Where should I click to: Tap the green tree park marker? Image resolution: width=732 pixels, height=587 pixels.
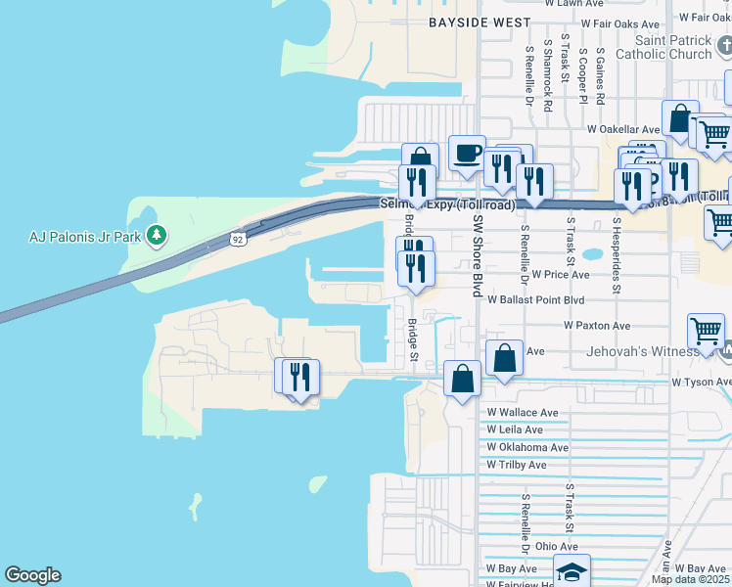(x=155, y=235)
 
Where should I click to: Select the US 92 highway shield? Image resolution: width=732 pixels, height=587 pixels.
(x=238, y=238)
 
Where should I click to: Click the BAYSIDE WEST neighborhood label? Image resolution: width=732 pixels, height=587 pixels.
(x=480, y=23)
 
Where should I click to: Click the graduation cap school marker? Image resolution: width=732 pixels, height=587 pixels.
(x=572, y=570)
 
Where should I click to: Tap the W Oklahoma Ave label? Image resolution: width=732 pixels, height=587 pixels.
(x=527, y=447)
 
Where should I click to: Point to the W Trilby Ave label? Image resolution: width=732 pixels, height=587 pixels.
(x=517, y=465)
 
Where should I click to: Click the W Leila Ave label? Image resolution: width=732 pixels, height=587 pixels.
(x=515, y=429)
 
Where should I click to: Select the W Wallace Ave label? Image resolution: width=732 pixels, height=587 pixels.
(x=523, y=413)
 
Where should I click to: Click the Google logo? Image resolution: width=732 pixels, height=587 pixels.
(x=32, y=575)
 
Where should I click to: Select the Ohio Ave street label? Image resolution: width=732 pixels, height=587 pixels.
(x=556, y=546)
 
